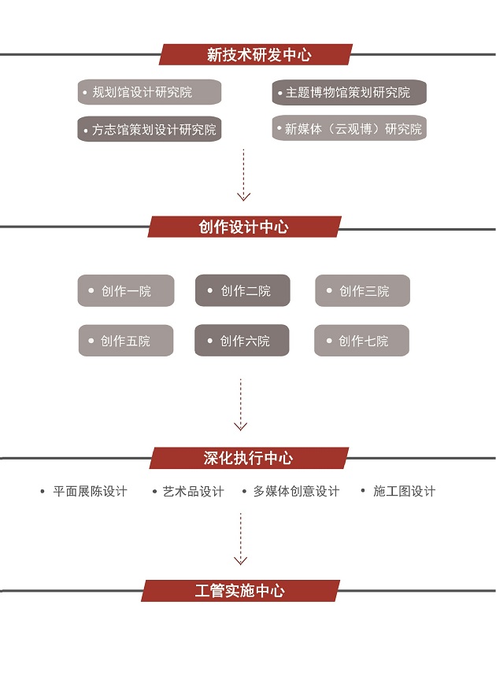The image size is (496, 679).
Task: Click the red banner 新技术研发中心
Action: click(x=257, y=55)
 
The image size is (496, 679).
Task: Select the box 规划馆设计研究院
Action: click(x=149, y=92)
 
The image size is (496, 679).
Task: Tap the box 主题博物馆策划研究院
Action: click(x=349, y=92)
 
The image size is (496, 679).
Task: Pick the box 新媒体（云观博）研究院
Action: click(x=349, y=129)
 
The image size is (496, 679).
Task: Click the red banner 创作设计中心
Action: click(x=244, y=227)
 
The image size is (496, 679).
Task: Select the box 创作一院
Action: click(x=125, y=291)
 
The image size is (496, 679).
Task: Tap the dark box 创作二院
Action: click(x=242, y=291)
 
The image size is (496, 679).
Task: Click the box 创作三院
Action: click(x=362, y=291)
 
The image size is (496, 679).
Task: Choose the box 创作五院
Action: click(x=125, y=341)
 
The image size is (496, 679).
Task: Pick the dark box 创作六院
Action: click(x=242, y=341)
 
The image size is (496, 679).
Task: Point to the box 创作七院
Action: click(x=362, y=341)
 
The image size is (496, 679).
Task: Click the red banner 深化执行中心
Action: click(x=249, y=458)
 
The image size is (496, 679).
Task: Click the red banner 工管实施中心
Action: click(x=240, y=591)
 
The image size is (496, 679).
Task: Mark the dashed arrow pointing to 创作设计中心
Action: click(x=243, y=175)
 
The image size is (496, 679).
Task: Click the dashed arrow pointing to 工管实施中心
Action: click(x=241, y=539)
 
